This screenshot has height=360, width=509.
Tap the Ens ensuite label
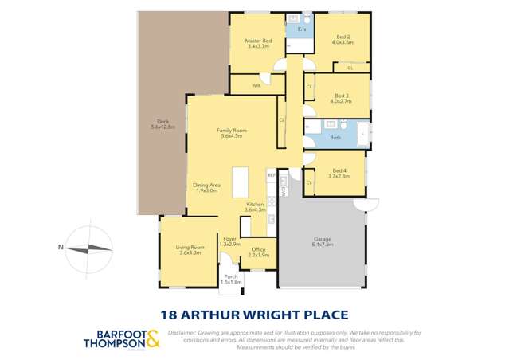(x=301, y=29)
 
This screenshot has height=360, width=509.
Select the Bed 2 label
(x=343, y=37)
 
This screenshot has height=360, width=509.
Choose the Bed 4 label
(x=339, y=170)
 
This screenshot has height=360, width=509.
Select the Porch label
(x=230, y=276)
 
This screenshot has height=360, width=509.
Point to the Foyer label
(x=229, y=238)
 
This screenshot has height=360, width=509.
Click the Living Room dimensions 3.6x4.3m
(x=190, y=252)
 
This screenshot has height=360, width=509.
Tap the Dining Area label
(x=206, y=186)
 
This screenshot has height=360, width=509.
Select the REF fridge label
(x=272, y=174)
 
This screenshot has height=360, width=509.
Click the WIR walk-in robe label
(x=256, y=85)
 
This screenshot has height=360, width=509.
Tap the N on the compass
(x=61, y=247)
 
